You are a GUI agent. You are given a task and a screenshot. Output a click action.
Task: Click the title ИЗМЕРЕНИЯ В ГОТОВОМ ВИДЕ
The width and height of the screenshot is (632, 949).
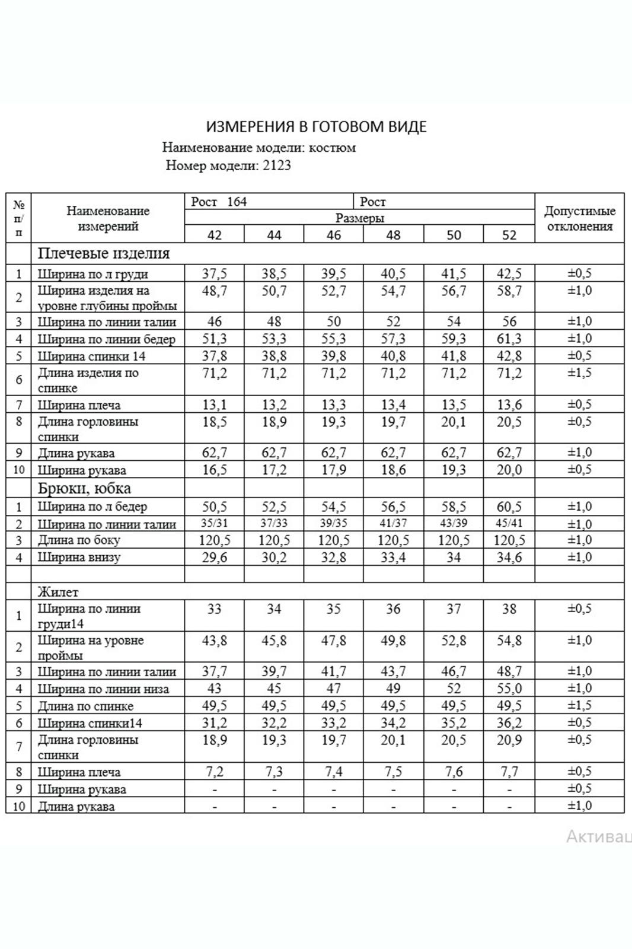tap(316, 127)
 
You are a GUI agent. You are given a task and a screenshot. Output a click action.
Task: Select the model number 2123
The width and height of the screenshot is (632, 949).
tap(277, 165)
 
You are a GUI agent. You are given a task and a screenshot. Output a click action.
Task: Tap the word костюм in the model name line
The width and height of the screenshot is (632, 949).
tap(336, 148)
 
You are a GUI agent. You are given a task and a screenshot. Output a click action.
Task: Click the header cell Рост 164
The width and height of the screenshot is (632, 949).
tap(219, 202)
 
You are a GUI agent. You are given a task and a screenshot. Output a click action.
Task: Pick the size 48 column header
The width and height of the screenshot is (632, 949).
tap(393, 235)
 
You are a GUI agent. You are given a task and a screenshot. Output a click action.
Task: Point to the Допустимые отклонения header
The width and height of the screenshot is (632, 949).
tap(579, 218)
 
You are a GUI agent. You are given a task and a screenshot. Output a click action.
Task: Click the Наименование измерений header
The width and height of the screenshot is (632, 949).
tap(108, 218)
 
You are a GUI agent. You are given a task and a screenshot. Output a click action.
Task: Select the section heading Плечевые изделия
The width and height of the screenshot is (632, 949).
tap(104, 254)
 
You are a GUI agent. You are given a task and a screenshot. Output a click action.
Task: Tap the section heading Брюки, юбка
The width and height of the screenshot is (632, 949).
tap(84, 489)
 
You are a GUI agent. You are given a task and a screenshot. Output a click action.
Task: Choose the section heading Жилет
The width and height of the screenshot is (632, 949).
tap(58, 592)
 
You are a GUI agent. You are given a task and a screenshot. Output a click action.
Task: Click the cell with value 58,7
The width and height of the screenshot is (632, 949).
tap(509, 291)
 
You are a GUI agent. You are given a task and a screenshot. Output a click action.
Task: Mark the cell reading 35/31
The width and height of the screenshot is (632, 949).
tap(214, 524)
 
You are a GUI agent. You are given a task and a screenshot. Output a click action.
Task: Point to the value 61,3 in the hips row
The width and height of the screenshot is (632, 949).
tap(509, 339)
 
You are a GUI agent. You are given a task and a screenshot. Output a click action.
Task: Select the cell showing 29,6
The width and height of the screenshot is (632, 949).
tap(214, 558)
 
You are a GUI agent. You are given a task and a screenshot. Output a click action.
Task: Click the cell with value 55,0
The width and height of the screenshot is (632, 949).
tap(509, 689)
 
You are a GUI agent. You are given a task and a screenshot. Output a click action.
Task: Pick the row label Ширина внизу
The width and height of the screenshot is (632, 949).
tap(79, 558)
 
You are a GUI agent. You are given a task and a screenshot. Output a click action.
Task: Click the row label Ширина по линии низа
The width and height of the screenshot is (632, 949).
tap(103, 689)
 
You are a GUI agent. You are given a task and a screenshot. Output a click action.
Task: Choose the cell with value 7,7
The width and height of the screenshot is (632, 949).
tap(509, 772)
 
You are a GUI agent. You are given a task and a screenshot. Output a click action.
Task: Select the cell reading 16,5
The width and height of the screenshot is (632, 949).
tap(214, 470)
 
